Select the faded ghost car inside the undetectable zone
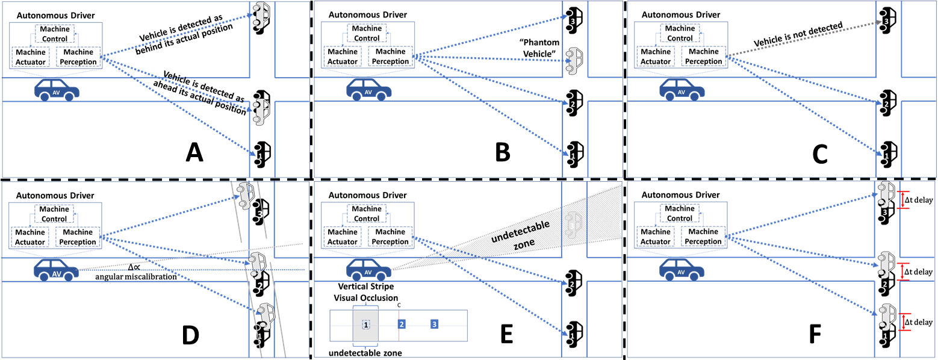574,223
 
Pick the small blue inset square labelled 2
402,324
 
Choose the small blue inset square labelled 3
434,324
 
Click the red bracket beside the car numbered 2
903,271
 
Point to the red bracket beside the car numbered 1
904,322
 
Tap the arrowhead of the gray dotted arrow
878,23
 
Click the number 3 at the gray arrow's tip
886,22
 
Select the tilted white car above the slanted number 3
244,195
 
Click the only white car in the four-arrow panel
574,60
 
